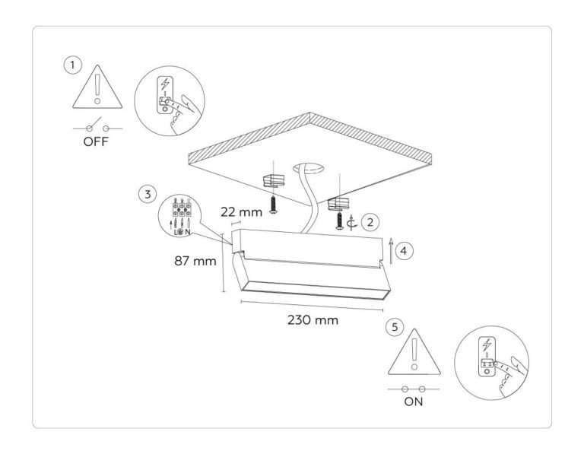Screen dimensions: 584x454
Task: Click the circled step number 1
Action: point(73,65)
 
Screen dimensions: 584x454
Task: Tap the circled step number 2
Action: point(370,222)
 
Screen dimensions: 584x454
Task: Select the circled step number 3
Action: point(148,194)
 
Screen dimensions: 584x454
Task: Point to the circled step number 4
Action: point(404,251)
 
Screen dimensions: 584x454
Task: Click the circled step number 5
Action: point(395,327)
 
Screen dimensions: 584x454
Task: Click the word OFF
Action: point(96,142)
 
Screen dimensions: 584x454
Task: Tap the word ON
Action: point(414,402)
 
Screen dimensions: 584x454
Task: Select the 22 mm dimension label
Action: point(241,212)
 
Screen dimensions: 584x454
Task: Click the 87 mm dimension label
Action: point(195,261)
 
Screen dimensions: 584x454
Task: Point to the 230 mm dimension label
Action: point(313,320)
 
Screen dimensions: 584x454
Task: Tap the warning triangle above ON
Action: point(414,351)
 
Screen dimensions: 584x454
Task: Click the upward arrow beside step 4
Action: point(391,251)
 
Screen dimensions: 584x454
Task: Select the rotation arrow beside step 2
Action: point(351,224)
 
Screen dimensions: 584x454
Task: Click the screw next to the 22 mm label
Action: point(274,205)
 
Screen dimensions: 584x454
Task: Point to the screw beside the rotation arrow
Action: point(340,221)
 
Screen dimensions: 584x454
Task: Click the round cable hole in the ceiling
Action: point(308,168)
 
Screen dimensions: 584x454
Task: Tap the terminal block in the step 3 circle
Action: point(182,209)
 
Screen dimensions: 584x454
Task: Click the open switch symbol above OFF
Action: point(97,126)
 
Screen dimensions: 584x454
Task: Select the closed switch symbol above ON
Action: point(414,389)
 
